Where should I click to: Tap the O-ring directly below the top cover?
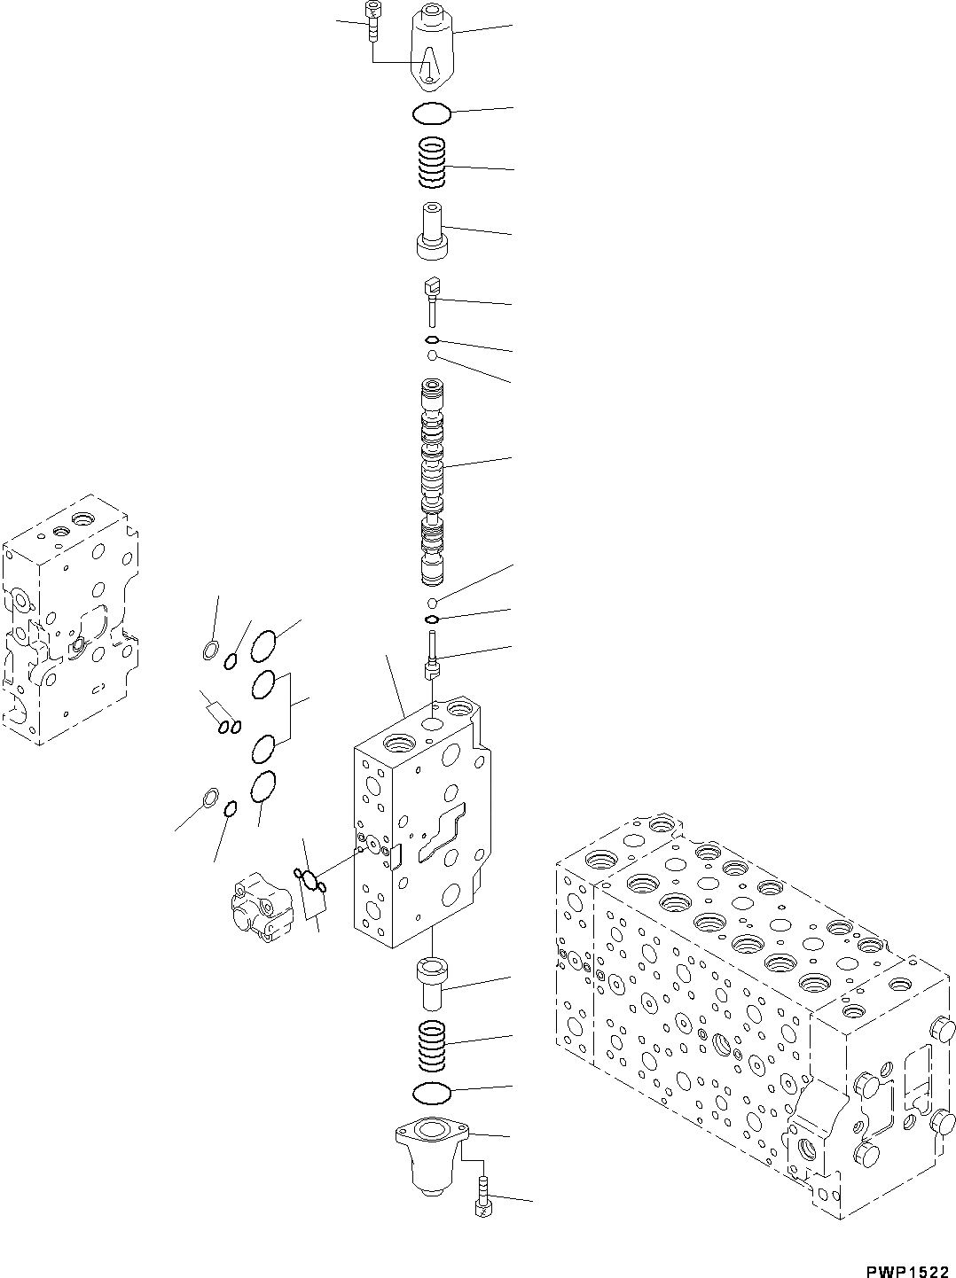point(433,113)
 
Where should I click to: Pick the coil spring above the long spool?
point(433,164)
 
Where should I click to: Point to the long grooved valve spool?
point(433,483)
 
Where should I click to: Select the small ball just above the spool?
point(432,356)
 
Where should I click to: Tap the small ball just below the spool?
point(431,603)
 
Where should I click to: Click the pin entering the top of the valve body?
point(432,656)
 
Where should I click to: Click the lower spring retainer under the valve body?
point(433,981)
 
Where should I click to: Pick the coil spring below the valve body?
point(432,1043)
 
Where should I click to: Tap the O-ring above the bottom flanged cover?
point(433,1092)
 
